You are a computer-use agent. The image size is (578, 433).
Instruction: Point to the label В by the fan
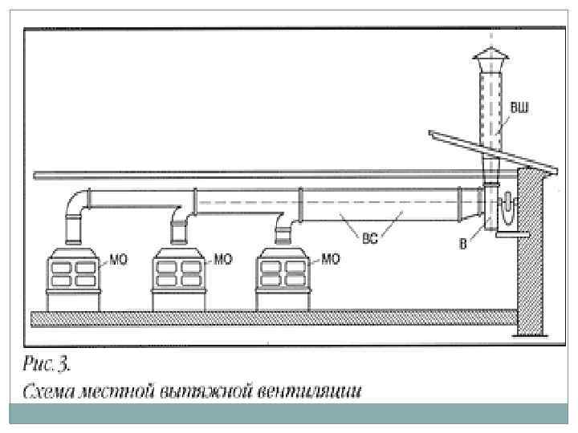[x=463, y=244]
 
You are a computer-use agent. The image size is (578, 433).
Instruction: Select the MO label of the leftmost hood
[x=118, y=259]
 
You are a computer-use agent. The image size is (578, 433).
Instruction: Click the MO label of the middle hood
[x=223, y=259]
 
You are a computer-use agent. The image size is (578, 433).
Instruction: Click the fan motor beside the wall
[x=507, y=210]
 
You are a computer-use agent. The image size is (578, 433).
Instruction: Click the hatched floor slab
[x=273, y=319]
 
